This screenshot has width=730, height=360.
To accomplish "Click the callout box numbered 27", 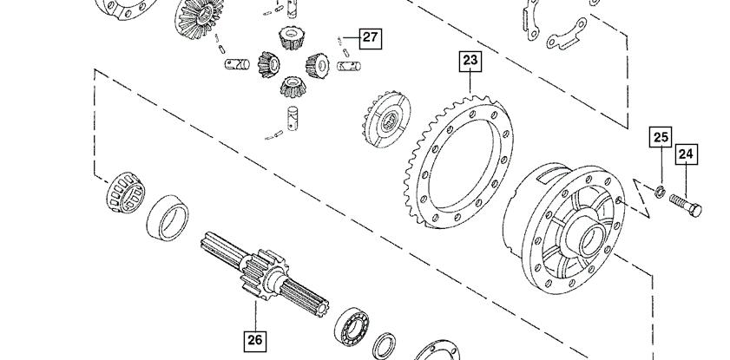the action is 370,37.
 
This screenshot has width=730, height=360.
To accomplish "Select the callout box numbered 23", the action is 470,61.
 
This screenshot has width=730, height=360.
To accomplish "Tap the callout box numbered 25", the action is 661,137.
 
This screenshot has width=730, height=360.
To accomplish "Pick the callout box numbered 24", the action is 687,154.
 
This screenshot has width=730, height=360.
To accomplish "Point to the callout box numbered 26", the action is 255,340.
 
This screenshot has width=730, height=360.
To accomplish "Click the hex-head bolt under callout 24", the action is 686,205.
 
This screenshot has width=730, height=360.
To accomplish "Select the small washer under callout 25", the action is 660,191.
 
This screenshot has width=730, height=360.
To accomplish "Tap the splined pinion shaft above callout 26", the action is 265,274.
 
